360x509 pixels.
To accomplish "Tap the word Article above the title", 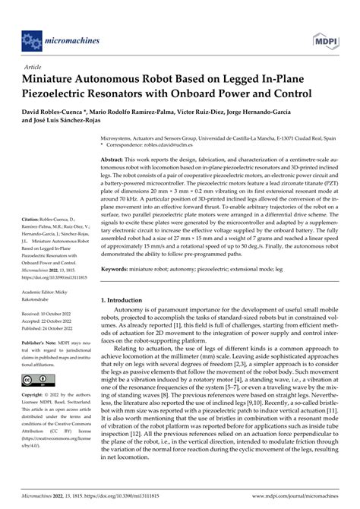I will coord(33,67).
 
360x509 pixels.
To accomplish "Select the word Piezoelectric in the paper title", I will coord(64,93).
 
